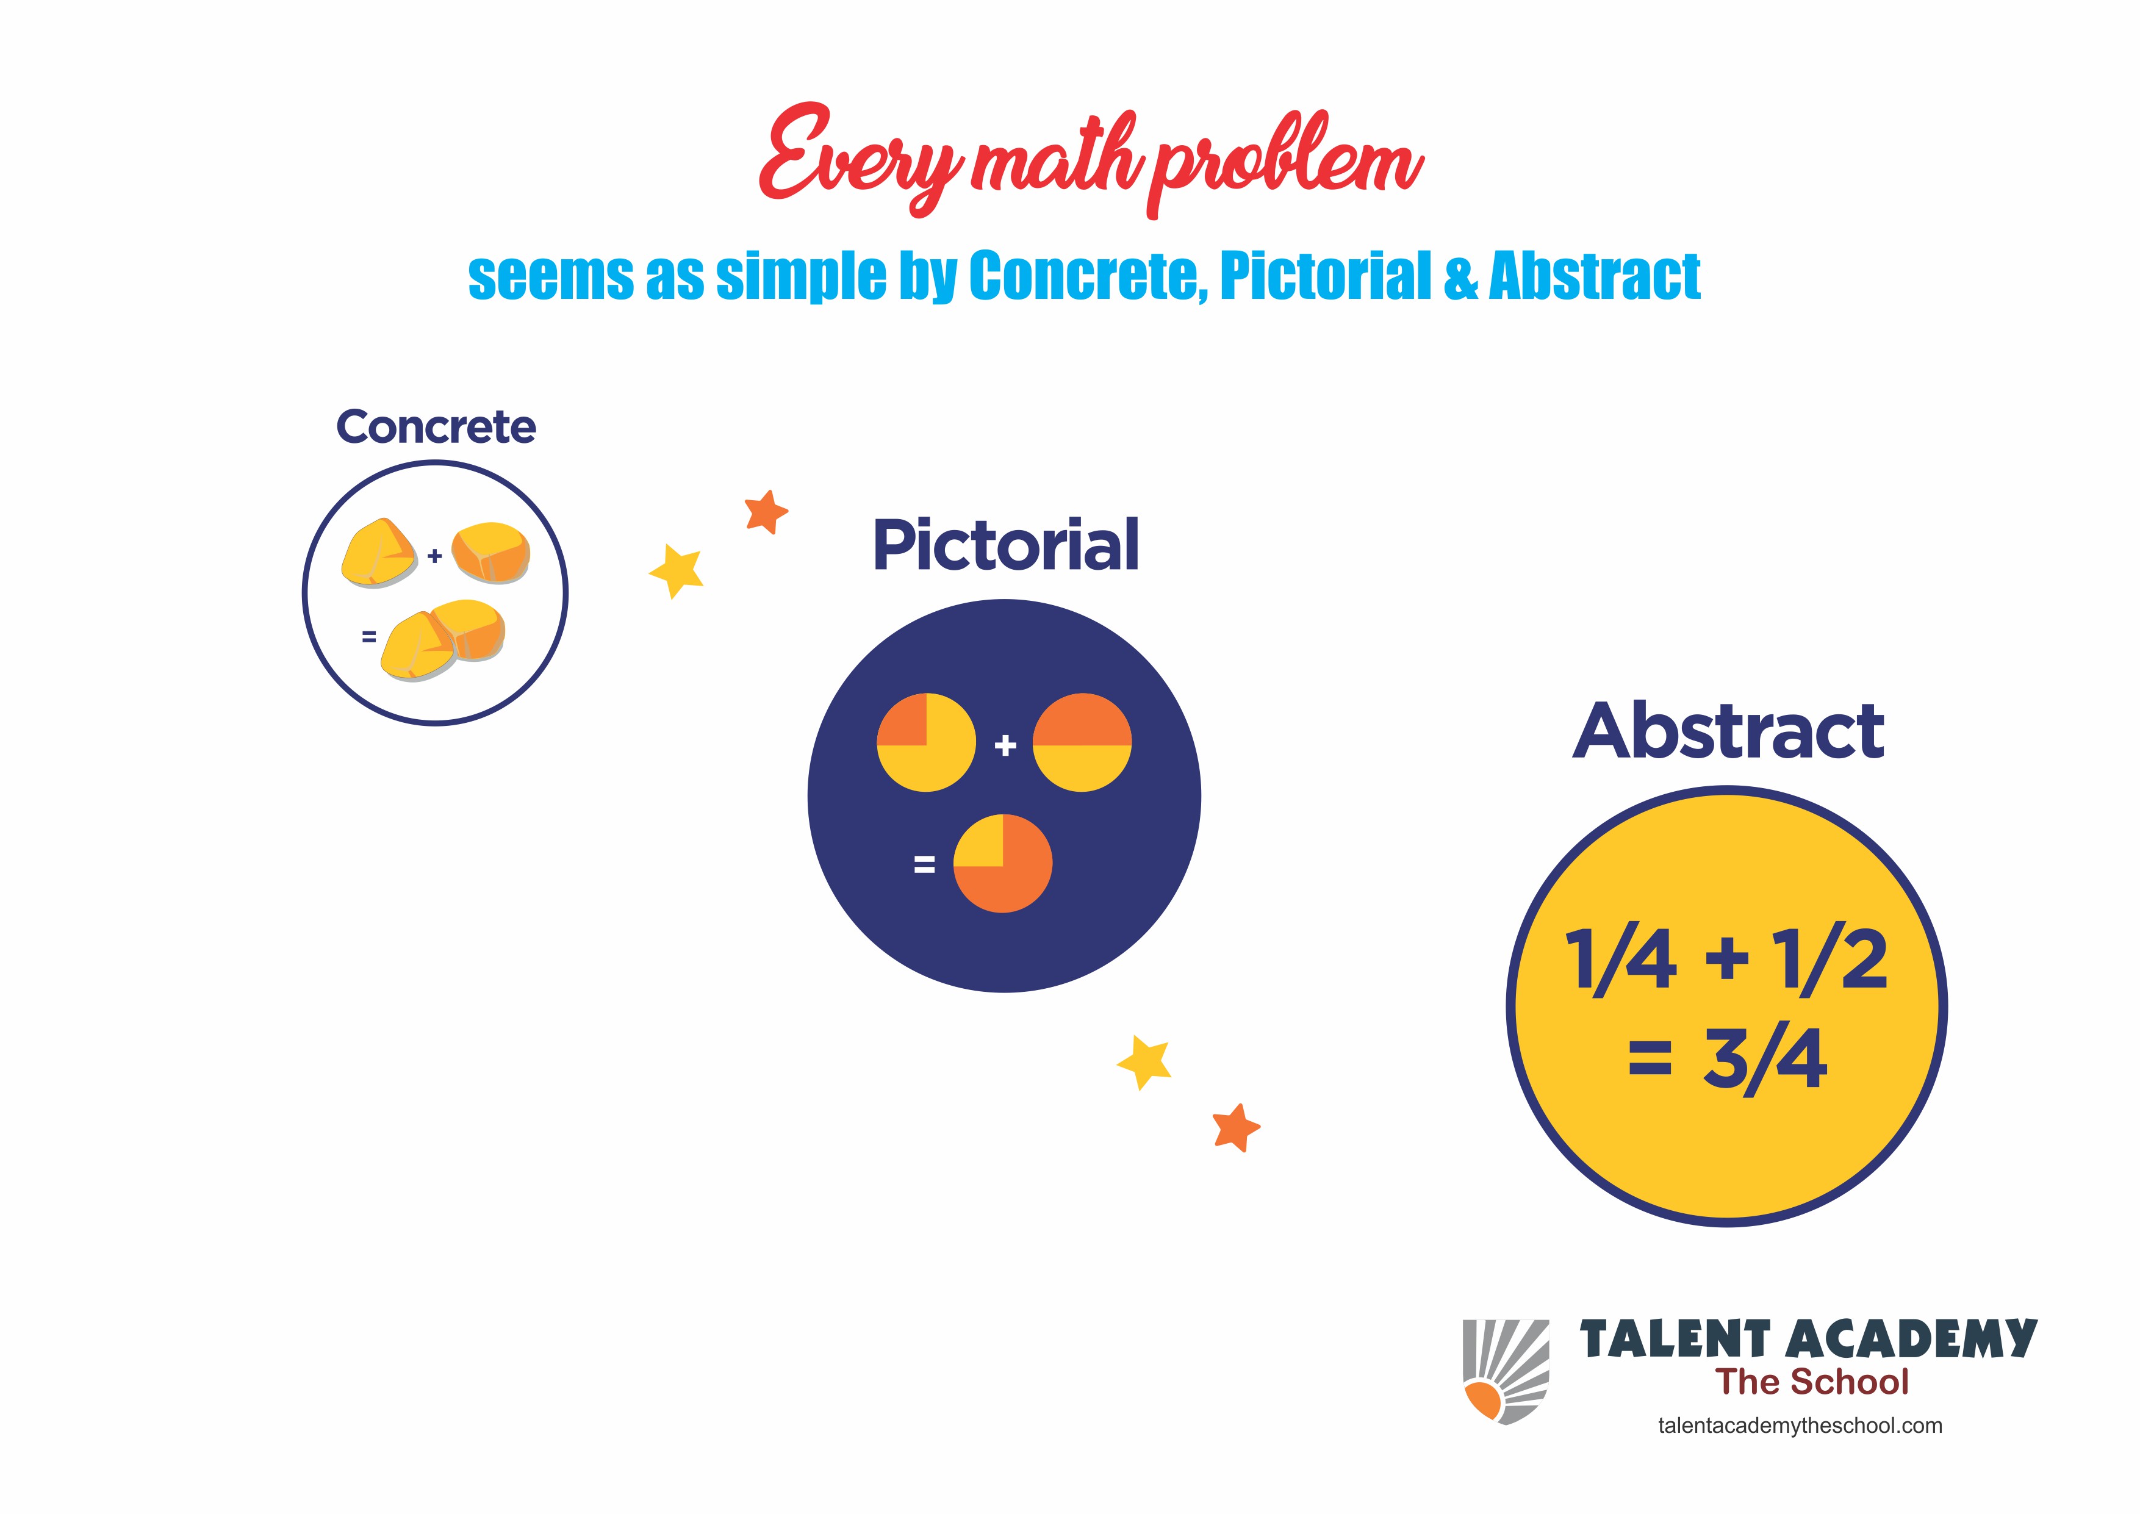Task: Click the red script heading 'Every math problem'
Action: click(x=1091, y=160)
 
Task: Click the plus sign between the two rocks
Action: click(x=434, y=556)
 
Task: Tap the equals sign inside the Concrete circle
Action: click(x=369, y=637)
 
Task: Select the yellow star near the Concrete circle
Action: click(x=677, y=570)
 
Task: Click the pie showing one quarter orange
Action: click(x=927, y=743)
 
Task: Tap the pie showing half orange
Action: click(x=1082, y=743)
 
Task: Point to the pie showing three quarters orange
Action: click(x=1003, y=863)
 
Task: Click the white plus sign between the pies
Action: click(x=1005, y=745)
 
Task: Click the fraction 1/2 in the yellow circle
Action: click(x=1829, y=960)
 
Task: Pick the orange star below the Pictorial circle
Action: click(x=1236, y=1128)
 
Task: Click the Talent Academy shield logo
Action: click(x=1506, y=1371)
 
